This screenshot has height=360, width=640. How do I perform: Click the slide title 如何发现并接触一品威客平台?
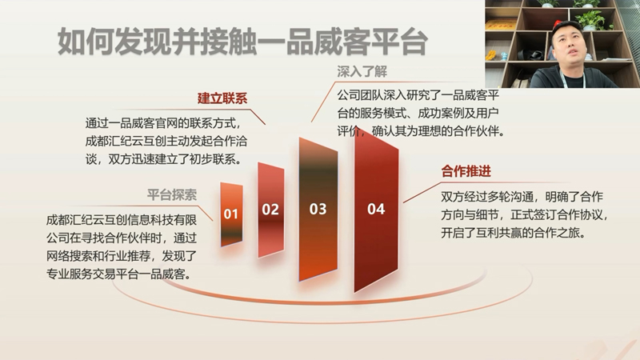(242, 42)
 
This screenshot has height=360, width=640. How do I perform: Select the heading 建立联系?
(222, 98)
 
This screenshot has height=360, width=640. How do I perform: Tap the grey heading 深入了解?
(362, 72)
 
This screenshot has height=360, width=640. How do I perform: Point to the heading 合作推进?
(466, 171)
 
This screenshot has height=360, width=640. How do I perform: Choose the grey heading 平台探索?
(172, 194)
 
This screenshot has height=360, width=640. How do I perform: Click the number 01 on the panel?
(230, 214)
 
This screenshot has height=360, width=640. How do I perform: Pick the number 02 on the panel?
(270, 210)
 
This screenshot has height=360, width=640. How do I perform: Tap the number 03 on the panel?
(318, 209)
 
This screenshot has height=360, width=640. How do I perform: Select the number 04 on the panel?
(376, 209)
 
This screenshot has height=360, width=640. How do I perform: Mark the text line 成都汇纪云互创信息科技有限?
(122, 221)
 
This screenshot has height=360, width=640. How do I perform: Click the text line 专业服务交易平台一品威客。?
(118, 274)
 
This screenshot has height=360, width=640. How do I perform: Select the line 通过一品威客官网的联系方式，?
(164, 123)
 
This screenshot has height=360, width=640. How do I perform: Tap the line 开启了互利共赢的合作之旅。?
(514, 233)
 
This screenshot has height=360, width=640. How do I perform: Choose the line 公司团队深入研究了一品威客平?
(418, 95)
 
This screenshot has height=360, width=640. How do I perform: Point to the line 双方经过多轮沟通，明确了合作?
(522, 197)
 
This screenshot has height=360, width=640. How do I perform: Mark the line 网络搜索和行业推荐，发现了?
(122, 256)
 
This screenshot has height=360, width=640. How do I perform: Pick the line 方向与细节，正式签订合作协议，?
(524, 214)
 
